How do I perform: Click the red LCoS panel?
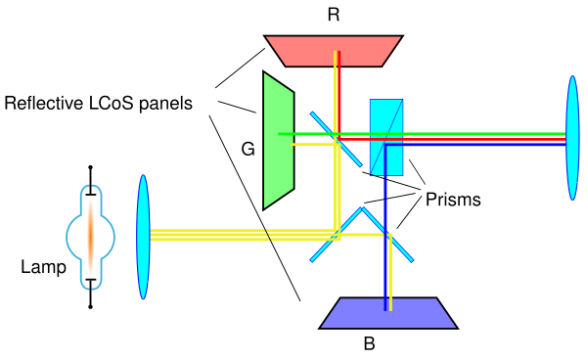click(334, 51)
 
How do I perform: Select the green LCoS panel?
click(279, 140)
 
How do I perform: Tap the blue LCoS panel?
click(388, 314)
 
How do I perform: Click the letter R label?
click(334, 15)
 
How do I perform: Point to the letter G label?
click(248, 150)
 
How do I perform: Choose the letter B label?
click(369, 343)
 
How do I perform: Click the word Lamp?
click(43, 267)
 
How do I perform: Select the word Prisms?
click(453, 200)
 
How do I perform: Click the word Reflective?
click(44, 104)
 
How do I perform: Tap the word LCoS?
click(112, 104)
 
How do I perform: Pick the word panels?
click(165, 104)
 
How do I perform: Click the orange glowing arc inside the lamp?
click(90, 237)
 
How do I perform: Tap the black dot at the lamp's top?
click(90, 167)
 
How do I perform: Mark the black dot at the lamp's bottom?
click(90, 307)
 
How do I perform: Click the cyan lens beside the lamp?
click(143, 237)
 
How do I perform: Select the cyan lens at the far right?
click(572, 138)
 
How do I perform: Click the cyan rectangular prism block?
click(386, 137)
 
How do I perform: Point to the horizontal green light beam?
click(422, 134)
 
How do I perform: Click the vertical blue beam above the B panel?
click(385, 227)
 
